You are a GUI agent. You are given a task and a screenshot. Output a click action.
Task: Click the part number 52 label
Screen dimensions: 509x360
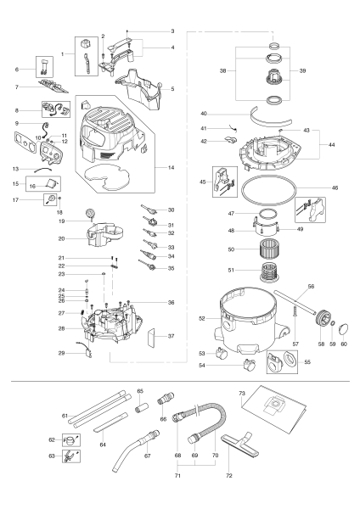tap(202, 318)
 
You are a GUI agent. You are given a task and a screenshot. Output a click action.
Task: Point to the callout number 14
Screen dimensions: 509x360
tap(172, 168)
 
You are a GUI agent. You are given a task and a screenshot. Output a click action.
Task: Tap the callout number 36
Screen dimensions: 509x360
tap(172, 302)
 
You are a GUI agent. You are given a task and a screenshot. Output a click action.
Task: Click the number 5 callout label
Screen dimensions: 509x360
tap(171, 88)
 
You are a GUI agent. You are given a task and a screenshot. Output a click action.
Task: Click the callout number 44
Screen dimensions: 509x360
tap(330, 145)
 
